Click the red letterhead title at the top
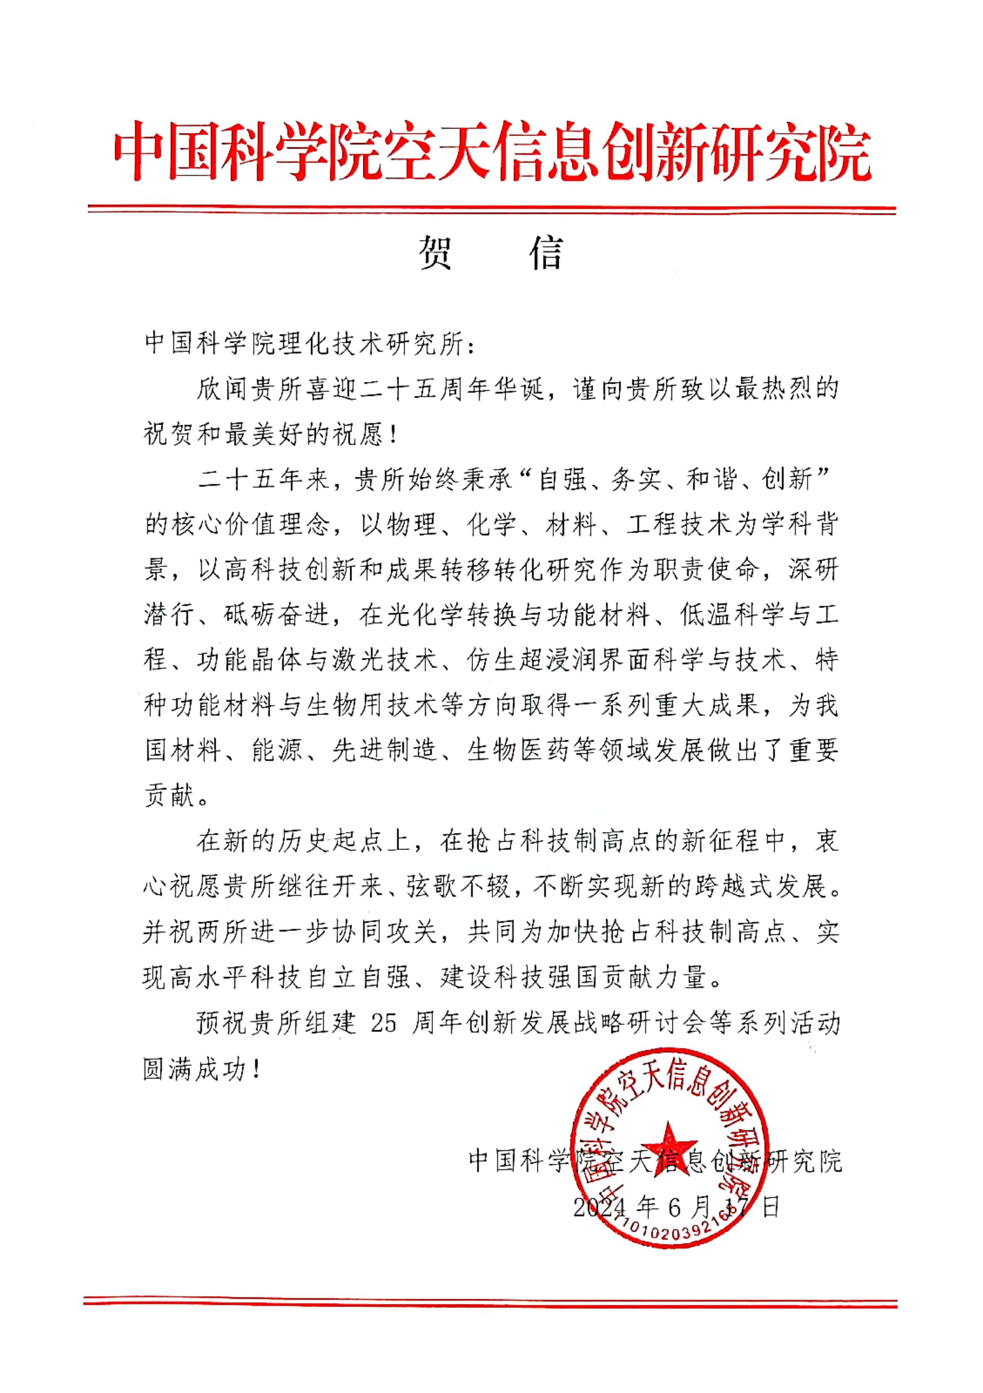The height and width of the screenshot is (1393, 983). pos(491,152)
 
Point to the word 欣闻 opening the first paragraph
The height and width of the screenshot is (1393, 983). pos(223,389)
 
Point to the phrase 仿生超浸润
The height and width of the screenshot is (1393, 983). pos(534,660)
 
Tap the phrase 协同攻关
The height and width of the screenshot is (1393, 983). pos(385,932)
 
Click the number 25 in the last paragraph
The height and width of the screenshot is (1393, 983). pos(384,1023)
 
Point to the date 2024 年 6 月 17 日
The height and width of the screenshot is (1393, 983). pos(676,1207)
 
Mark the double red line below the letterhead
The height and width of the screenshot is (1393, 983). pos(491,209)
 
